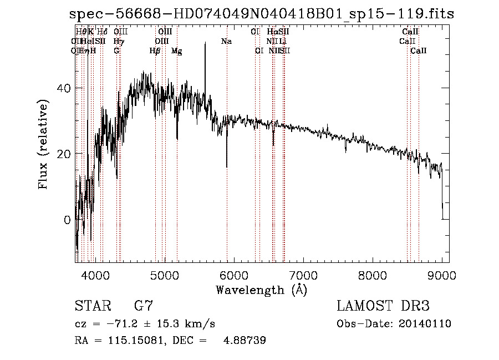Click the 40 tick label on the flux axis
coord(64,88)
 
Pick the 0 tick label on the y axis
coord(67,220)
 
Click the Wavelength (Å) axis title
coord(261,289)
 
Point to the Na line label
coord(226,42)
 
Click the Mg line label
coord(176,51)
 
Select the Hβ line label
coord(155,51)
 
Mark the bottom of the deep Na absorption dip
coord(226,166)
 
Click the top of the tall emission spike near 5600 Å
coord(205,43)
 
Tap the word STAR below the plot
coord(92,306)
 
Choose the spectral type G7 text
coord(144,306)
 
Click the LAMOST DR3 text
coord(383,306)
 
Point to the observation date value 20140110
coord(425,324)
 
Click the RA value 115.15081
coord(135,341)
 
